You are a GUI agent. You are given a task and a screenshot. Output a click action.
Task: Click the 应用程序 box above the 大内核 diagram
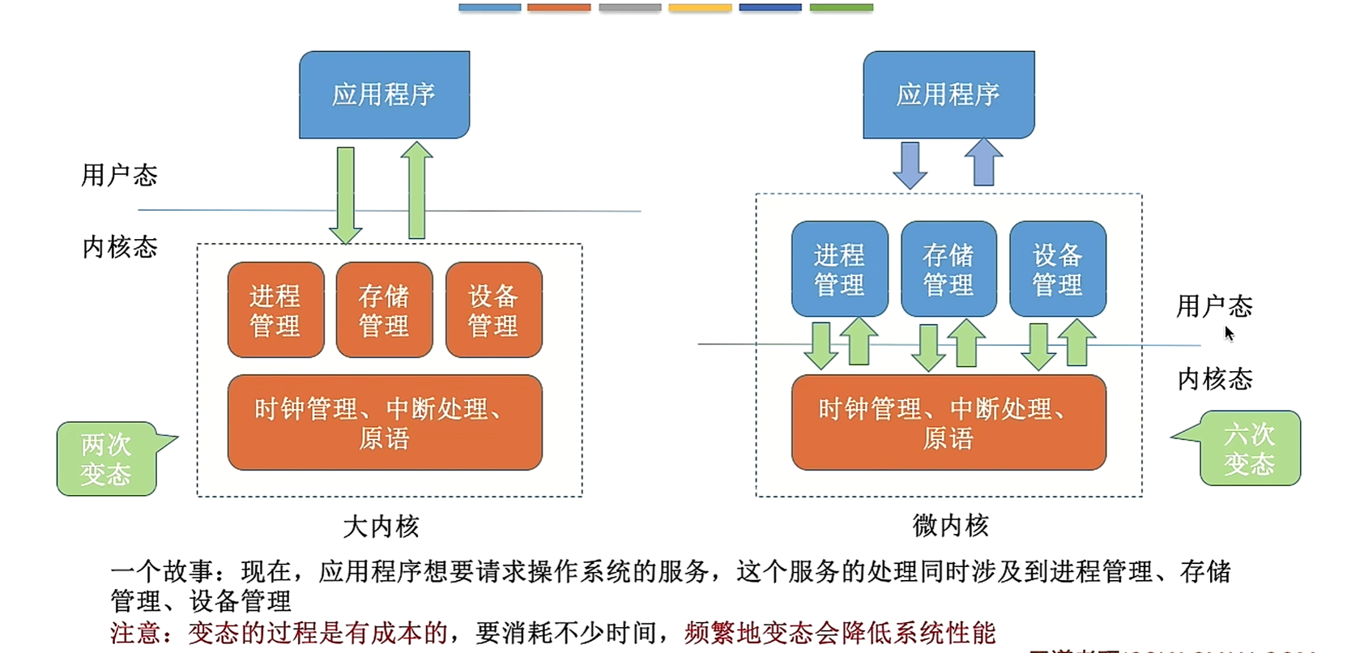(x=384, y=95)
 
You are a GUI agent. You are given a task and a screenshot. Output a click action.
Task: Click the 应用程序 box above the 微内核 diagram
(x=948, y=95)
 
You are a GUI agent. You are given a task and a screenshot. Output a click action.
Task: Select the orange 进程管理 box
(x=275, y=309)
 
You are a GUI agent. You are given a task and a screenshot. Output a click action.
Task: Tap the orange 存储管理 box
(x=384, y=309)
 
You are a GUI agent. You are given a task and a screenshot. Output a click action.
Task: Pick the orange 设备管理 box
(x=493, y=309)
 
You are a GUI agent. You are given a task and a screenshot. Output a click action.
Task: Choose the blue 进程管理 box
(x=839, y=269)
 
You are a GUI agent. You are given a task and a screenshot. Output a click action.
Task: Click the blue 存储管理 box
(x=948, y=269)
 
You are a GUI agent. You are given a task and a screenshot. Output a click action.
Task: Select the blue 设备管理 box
(x=1057, y=269)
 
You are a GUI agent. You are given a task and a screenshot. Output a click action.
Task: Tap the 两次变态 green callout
(x=107, y=459)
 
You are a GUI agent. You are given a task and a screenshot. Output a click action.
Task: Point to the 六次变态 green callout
(x=1249, y=449)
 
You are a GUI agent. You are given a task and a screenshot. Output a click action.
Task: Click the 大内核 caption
(x=381, y=527)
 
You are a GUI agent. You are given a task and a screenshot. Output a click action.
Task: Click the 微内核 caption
(x=950, y=526)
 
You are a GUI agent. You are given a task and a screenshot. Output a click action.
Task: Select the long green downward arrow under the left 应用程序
(x=346, y=194)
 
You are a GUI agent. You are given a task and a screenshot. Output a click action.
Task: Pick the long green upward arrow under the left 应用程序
(x=416, y=191)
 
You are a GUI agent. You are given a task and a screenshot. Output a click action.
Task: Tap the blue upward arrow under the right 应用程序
(x=983, y=162)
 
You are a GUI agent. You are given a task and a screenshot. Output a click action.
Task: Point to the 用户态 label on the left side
(x=119, y=175)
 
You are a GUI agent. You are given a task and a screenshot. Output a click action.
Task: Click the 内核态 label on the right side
(x=1214, y=378)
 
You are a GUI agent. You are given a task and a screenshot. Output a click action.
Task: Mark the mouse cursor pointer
(x=1229, y=333)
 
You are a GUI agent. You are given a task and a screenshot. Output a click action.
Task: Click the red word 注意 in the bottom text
(x=136, y=633)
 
